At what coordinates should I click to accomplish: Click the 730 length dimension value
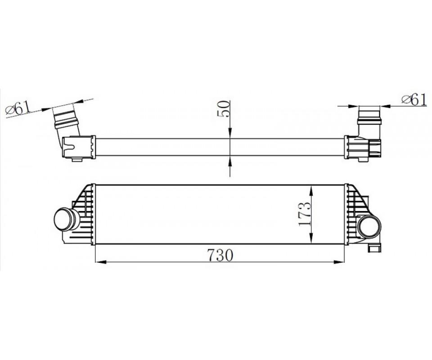[220, 255]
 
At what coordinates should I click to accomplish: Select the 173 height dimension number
[305, 214]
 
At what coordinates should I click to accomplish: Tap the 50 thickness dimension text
[224, 109]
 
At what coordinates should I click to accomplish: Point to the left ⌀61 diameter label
[18, 108]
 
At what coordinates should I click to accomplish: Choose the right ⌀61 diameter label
[414, 99]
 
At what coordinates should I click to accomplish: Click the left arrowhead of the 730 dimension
[100, 262]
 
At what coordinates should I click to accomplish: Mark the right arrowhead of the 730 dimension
[339, 262]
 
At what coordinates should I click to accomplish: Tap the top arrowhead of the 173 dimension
[311, 191]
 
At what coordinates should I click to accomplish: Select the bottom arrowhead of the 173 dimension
[311, 238]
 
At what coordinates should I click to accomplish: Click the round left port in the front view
[64, 219]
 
